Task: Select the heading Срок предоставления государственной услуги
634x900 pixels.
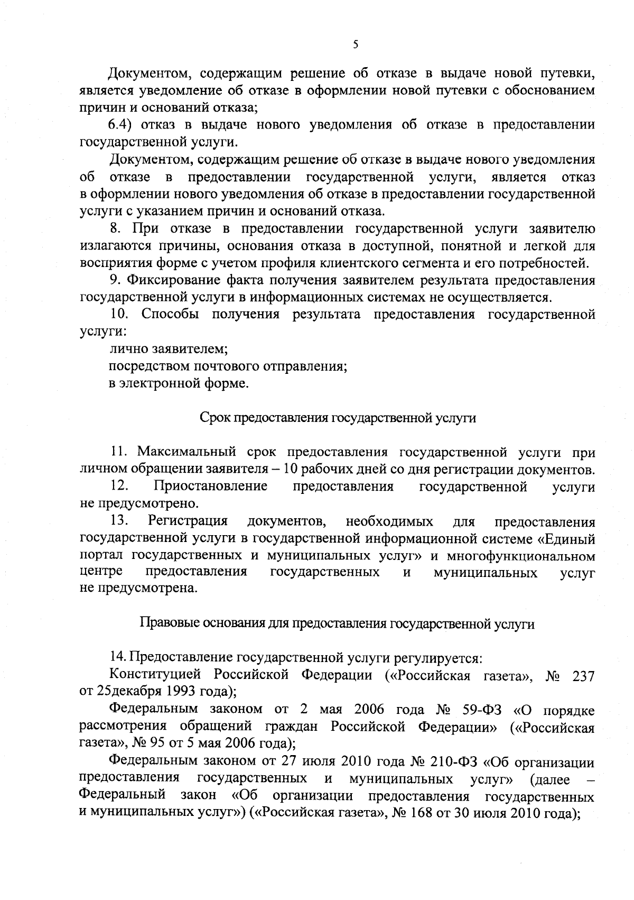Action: click(338, 418)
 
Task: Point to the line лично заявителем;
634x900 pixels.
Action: click(169, 349)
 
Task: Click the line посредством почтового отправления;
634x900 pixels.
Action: click(228, 366)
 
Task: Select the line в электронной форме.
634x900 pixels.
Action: click(179, 383)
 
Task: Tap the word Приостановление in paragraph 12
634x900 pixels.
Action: click(210, 486)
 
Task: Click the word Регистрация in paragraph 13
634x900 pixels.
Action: click(188, 521)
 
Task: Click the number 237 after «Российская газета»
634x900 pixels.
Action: click(583, 676)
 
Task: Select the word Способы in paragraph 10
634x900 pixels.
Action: click(171, 314)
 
